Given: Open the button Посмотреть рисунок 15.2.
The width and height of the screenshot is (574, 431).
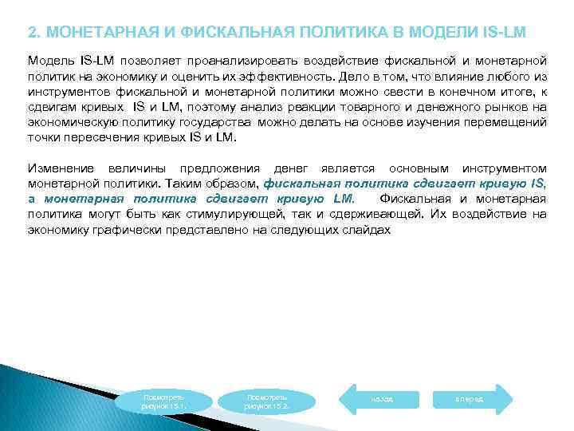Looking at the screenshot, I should [x=268, y=401].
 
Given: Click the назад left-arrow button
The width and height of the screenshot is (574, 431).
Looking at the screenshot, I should [x=380, y=397].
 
